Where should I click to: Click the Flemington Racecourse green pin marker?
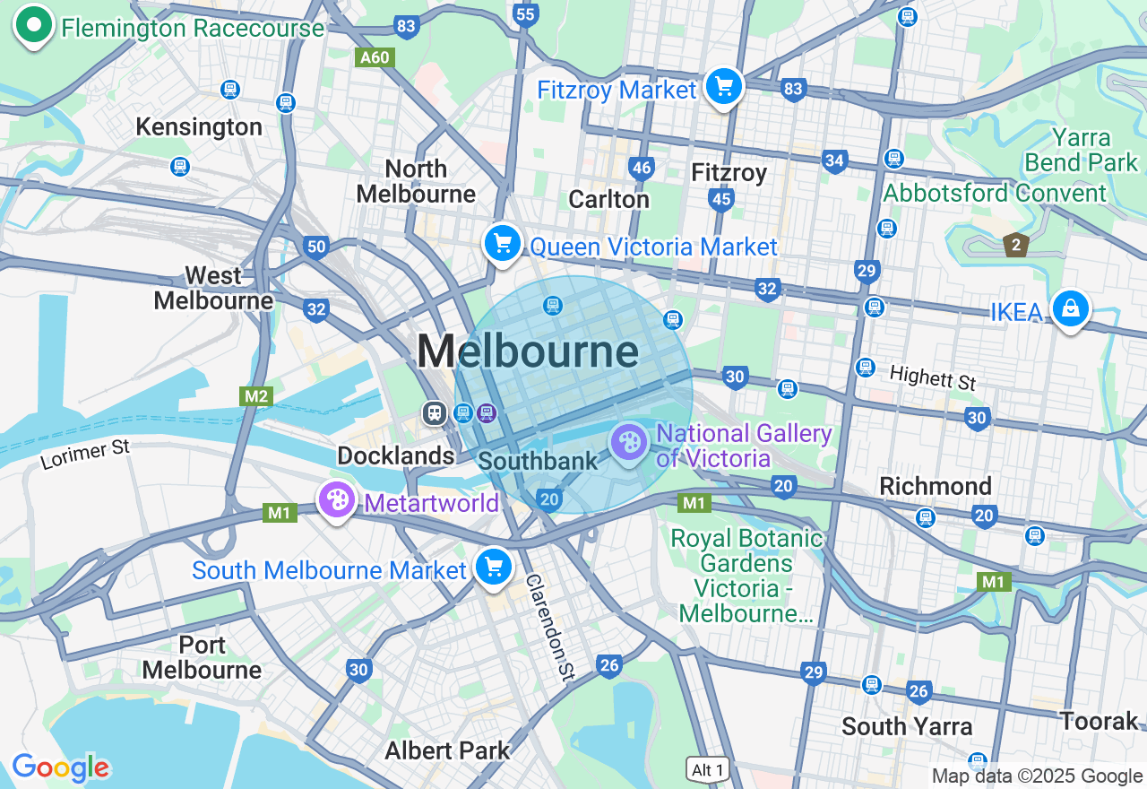(34, 25)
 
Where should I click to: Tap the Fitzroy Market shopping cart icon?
(724, 87)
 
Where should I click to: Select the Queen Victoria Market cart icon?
(503, 243)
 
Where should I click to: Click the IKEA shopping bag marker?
(1070, 308)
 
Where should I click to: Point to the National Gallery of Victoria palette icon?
(629, 442)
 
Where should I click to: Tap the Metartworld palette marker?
(337, 500)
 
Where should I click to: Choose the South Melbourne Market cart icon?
(493, 567)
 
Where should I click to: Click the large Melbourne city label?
(528, 351)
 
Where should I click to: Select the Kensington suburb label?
(199, 126)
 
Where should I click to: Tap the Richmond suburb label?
(936, 486)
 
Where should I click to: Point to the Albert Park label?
(447, 750)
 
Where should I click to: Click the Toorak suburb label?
(1099, 720)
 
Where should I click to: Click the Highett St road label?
(932, 377)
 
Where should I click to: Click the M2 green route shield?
(255, 395)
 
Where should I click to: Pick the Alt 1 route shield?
(707, 769)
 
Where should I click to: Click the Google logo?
(60, 767)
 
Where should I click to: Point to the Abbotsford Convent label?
(995, 194)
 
